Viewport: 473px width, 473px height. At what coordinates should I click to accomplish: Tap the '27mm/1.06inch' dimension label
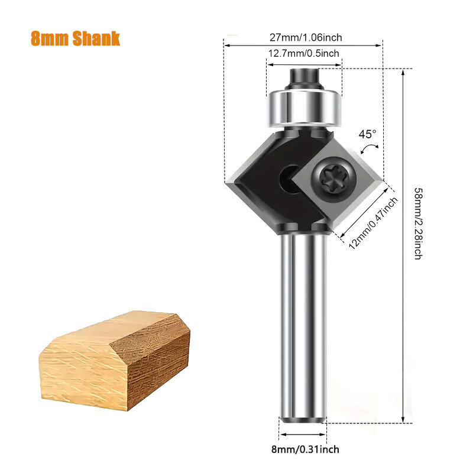click(x=306, y=37)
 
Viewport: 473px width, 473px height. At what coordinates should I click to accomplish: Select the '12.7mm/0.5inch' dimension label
click(x=303, y=53)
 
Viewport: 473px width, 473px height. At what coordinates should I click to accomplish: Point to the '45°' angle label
click(x=367, y=134)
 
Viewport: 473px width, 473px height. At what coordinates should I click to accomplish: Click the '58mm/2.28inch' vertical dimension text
click(x=417, y=223)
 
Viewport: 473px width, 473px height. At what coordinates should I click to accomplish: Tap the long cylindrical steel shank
click(x=303, y=325)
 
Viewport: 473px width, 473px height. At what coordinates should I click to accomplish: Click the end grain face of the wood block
click(x=160, y=361)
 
